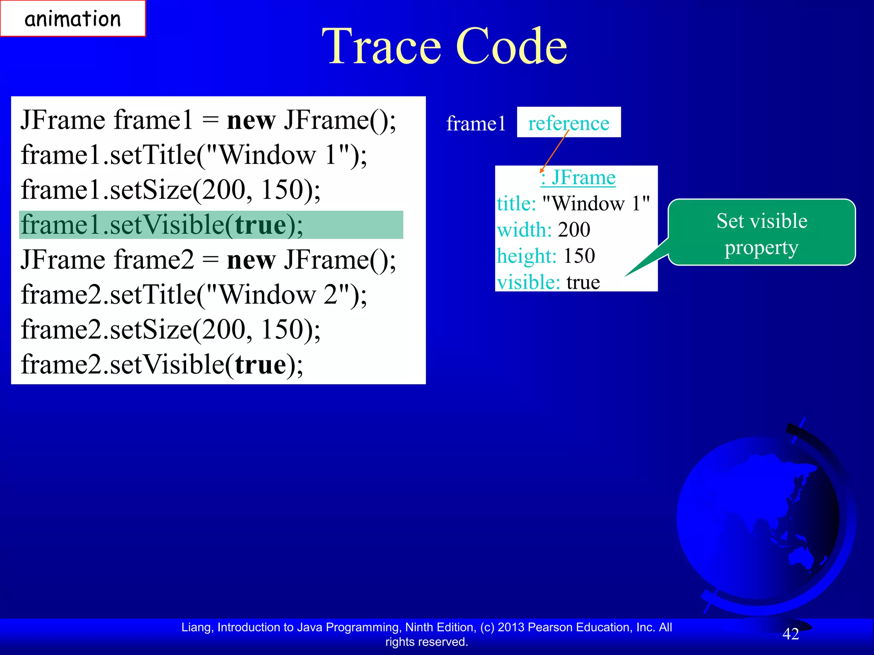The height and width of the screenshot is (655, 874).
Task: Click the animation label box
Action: (x=73, y=19)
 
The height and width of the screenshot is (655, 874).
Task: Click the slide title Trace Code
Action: (x=444, y=46)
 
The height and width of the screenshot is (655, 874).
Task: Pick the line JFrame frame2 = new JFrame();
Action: (x=208, y=260)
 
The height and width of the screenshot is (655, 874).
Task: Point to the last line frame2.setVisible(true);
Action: (x=162, y=365)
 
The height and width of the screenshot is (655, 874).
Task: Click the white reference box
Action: (x=568, y=122)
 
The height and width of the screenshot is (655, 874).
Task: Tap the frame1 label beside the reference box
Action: (x=476, y=124)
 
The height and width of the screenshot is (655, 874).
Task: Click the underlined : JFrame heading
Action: (x=578, y=177)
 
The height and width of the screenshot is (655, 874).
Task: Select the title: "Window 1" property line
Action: (x=573, y=203)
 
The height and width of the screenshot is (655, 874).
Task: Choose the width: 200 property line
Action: (x=544, y=230)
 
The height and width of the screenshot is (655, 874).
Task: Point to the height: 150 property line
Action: (x=546, y=256)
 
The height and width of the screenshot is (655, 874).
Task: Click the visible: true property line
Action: (x=548, y=282)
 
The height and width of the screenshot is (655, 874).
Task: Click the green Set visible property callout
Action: (x=761, y=233)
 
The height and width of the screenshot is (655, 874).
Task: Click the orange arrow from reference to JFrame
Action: (x=555, y=151)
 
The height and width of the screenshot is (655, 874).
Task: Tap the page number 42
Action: (x=790, y=634)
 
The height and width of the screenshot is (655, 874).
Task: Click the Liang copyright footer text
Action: (x=426, y=634)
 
